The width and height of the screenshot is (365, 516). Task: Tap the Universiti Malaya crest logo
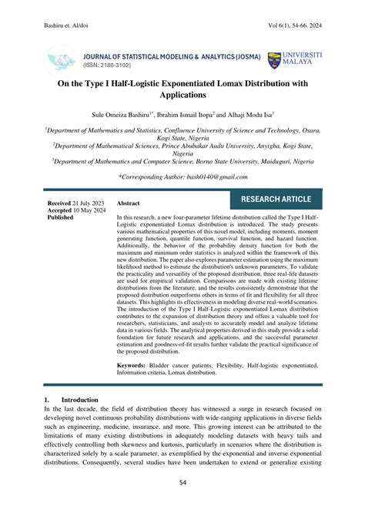point(274,61)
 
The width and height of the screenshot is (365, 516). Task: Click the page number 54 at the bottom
point(182,483)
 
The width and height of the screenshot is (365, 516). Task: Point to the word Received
point(59,203)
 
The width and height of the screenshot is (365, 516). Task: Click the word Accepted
point(60,210)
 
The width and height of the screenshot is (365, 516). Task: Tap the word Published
point(60,218)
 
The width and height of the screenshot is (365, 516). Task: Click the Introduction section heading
point(79,400)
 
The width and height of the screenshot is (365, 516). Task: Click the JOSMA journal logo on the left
point(62,60)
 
